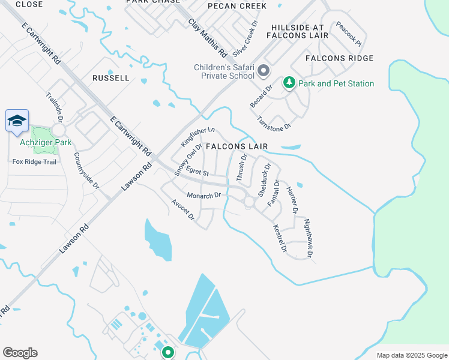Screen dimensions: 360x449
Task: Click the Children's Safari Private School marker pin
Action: (x=263, y=72)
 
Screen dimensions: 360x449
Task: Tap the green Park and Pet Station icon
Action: (x=289, y=83)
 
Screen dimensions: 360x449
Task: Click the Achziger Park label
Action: (x=46, y=142)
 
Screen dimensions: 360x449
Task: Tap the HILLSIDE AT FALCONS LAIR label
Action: (x=300, y=32)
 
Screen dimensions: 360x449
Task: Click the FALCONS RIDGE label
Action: (x=339, y=58)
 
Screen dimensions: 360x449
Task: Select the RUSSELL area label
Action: (x=111, y=78)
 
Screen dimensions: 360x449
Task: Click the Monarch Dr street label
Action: (x=204, y=195)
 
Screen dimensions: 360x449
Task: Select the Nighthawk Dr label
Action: (x=309, y=238)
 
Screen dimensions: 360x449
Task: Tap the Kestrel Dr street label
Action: (x=280, y=238)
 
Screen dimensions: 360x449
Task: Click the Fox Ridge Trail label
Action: (x=34, y=161)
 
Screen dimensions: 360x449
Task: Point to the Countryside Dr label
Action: (x=86, y=170)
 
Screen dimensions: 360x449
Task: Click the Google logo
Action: (x=20, y=353)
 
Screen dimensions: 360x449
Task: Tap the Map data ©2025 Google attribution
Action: (x=412, y=355)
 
